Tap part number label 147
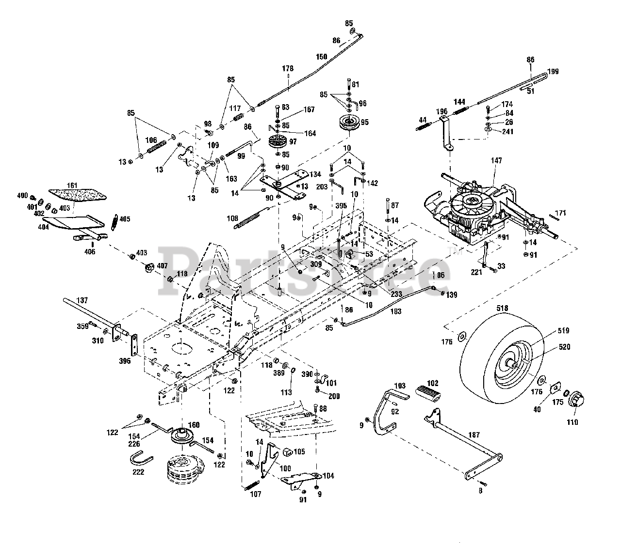click(496, 161)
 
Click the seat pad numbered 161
click(77, 195)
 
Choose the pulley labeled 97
click(277, 143)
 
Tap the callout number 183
click(396, 311)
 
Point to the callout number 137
click(82, 300)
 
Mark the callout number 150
click(322, 57)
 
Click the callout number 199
click(553, 72)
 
